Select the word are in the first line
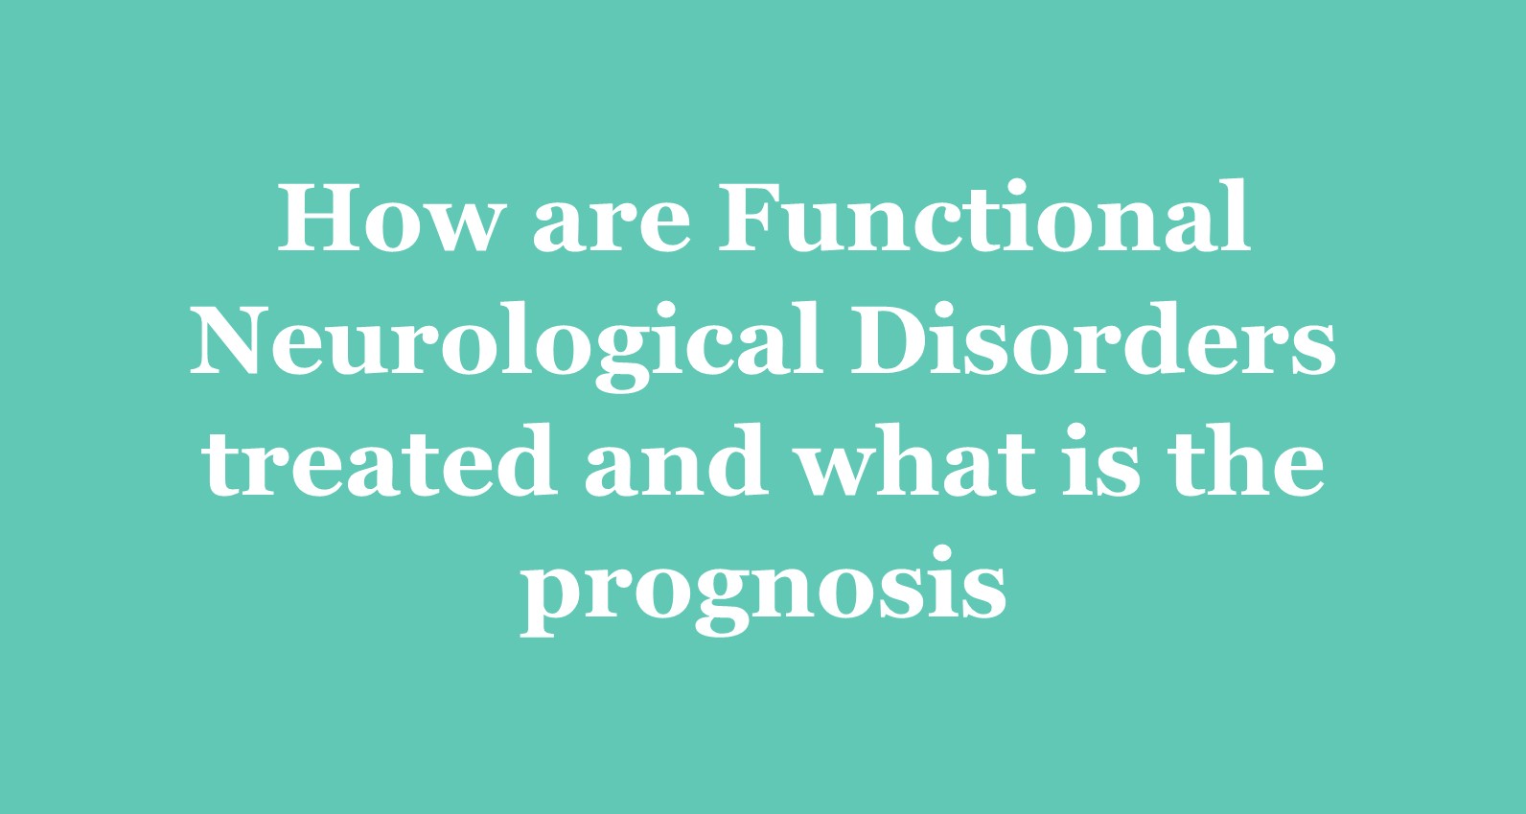[611, 227]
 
